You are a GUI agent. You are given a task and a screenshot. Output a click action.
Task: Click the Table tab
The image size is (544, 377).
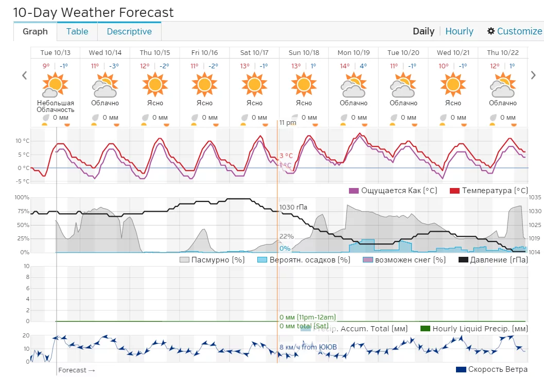pos(77,31)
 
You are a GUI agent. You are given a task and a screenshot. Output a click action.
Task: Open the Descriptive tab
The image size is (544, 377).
pos(129,31)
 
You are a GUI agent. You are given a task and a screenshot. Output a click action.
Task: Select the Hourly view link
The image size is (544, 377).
pos(459,31)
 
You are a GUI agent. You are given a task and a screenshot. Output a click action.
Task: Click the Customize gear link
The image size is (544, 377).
pos(514,31)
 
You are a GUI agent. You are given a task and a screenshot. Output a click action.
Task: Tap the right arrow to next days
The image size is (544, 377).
pos(533,75)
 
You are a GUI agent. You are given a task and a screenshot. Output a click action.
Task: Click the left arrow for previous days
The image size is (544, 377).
pos(24,75)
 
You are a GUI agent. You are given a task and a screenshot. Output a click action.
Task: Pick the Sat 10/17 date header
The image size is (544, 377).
pos(254,53)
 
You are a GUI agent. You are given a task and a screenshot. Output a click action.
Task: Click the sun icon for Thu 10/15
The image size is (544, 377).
pos(155,84)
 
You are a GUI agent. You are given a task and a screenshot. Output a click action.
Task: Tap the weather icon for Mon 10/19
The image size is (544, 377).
pos(354,84)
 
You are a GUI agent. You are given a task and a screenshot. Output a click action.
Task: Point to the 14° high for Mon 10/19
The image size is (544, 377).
pos(344,66)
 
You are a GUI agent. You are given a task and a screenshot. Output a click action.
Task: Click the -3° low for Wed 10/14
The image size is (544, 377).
pos(114,66)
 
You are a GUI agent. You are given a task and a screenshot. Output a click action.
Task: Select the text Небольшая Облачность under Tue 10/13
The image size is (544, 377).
pos(56,106)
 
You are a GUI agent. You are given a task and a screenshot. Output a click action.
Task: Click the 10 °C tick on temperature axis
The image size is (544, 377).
pos(22,141)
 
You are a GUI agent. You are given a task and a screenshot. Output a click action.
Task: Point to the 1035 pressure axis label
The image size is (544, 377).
pos(535,197)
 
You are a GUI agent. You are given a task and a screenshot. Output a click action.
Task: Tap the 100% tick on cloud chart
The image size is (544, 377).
pos(22,197)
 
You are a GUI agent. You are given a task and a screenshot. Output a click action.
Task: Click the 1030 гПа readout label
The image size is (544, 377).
pos(293,208)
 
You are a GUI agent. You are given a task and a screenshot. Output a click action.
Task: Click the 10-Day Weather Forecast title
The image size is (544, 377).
pos(93,12)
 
